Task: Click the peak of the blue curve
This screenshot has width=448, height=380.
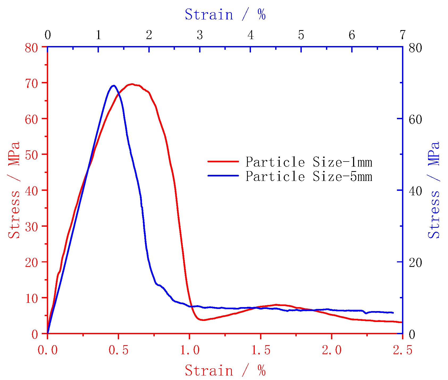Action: [114, 86]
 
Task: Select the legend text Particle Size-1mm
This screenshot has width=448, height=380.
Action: [308, 162]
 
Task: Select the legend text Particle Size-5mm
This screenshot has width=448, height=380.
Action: [308, 176]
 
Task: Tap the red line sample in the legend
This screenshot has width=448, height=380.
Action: [223, 161]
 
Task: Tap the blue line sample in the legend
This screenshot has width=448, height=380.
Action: [223, 176]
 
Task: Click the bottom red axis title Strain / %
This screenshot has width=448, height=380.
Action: [225, 370]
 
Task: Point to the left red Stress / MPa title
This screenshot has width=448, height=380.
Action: [14, 190]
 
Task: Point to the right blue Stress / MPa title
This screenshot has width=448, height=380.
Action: [434, 190]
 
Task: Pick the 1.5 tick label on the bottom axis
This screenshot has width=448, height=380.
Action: [261, 350]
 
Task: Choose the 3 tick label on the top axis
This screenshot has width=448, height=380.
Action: [200, 35]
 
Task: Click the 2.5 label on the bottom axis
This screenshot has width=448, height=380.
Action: [402, 350]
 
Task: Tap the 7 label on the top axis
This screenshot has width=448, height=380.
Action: [403, 35]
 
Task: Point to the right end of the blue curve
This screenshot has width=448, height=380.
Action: [393, 313]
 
